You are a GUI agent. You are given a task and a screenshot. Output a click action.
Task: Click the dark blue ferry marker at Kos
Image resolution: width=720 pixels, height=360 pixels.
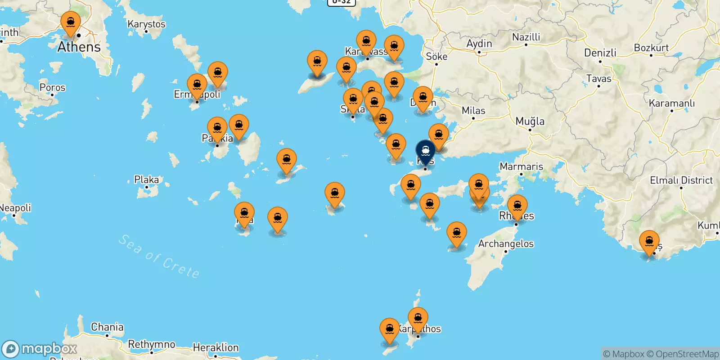[425, 151]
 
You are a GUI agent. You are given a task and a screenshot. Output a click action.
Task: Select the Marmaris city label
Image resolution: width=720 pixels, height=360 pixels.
[521, 166]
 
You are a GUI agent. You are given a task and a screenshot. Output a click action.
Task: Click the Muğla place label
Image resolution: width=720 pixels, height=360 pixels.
[530, 121]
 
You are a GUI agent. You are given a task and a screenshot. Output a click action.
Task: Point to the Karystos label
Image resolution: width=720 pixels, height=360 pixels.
[146, 24]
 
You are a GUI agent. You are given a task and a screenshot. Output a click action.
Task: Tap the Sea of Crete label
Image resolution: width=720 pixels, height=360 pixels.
[159, 256]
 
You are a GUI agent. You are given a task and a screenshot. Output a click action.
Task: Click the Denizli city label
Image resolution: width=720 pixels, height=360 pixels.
[600, 53]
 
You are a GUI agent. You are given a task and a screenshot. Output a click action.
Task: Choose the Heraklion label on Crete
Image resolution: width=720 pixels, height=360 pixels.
[216, 347]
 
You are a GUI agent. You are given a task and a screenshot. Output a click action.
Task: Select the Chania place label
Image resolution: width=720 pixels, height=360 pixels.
[107, 327]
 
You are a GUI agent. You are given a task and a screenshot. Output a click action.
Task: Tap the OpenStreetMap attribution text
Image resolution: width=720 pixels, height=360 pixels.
[687, 354]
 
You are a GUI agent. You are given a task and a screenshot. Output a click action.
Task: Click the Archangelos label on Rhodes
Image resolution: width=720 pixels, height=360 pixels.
[506, 244]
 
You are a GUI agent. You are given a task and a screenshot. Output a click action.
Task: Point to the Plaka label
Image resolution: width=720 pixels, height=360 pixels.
[146, 180]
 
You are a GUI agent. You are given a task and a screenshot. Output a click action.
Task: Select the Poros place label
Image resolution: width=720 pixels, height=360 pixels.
[52, 87]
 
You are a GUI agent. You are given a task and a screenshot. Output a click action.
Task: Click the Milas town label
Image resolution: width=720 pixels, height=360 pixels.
[473, 111]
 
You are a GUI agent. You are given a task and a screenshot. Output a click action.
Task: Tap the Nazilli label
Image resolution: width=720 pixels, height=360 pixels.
[526, 37]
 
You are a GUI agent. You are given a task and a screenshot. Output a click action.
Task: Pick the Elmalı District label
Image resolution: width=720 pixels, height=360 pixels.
[681, 180]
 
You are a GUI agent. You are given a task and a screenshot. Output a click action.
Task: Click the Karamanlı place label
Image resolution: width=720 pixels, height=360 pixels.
[671, 103]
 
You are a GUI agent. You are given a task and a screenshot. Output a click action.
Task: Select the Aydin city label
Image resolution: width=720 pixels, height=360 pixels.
[479, 44]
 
